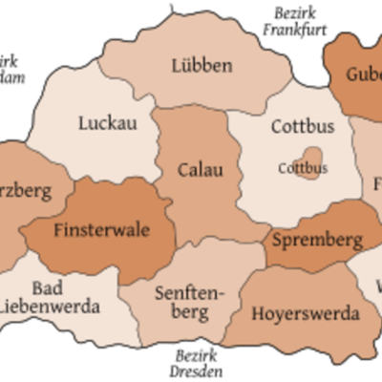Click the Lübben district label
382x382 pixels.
click(x=202, y=66)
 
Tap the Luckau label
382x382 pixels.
click(x=107, y=122)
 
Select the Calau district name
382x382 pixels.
click(x=201, y=170)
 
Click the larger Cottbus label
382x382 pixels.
click(x=302, y=125)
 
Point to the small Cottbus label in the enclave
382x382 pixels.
click(x=302, y=168)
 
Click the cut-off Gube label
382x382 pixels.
click(x=364, y=74)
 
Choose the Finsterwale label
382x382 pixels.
click(x=101, y=230)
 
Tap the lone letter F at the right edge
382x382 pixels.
click(x=377, y=182)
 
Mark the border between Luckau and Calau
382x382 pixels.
click(x=158, y=143)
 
